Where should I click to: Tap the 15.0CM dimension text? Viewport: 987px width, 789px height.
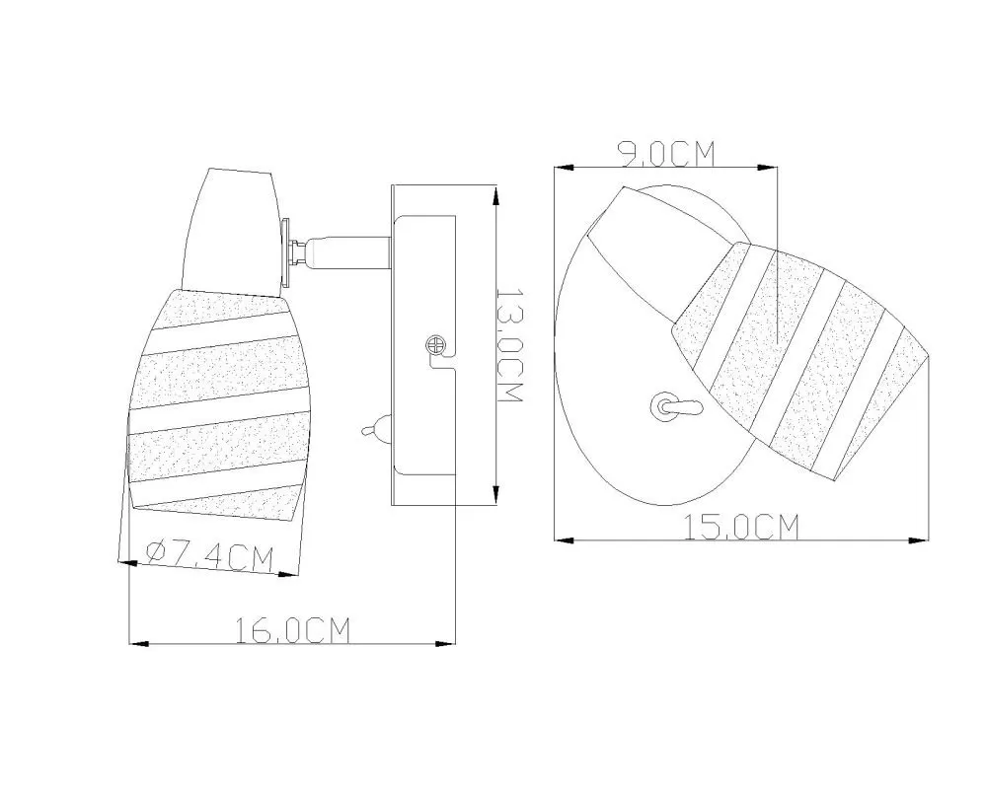tap(741, 527)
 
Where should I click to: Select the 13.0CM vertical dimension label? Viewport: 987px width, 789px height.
tap(510, 345)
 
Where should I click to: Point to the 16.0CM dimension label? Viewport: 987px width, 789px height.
tap(292, 630)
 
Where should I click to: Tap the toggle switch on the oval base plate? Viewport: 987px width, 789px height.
tap(673, 406)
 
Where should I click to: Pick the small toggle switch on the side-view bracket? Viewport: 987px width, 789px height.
tap(376, 429)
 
